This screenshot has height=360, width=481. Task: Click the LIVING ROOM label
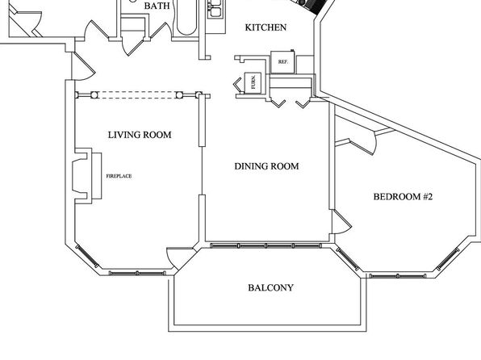coord(140,135)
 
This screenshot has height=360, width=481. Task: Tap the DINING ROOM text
coord(266,166)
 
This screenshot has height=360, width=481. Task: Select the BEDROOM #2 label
coord(403,196)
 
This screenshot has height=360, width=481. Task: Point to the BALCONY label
coord(270,288)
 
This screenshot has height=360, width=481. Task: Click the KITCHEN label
coord(266,27)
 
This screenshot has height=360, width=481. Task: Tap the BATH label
coord(157,6)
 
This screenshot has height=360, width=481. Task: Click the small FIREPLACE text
coord(119,176)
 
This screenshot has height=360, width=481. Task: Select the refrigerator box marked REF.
coord(283,62)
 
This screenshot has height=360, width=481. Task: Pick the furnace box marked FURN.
coord(253,82)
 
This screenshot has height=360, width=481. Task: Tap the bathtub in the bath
coord(186,18)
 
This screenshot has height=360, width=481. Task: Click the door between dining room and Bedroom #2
coord(341,222)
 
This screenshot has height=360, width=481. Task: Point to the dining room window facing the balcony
coord(266,245)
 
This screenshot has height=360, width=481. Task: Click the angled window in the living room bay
coord(87,257)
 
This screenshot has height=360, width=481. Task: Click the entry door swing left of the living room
coord(83,67)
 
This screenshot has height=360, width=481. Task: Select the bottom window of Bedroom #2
coord(398,275)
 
